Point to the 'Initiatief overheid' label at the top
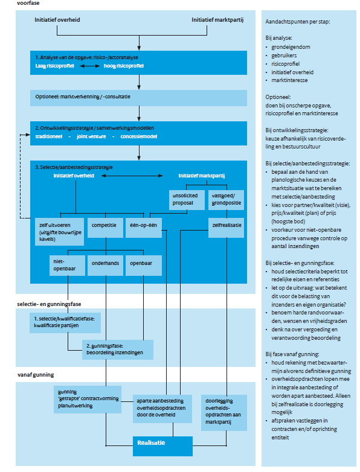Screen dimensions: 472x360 tap(58, 21)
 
